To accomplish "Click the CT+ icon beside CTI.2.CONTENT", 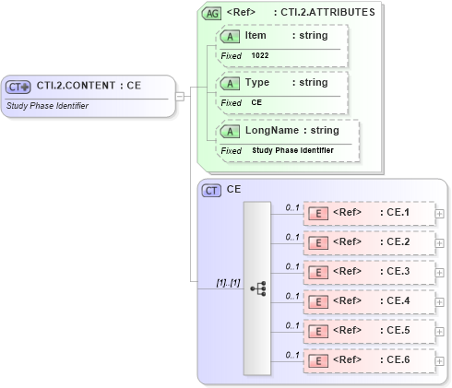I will click(18, 87).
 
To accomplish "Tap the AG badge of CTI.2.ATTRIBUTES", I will click(211, 14).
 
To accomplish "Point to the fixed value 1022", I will click(261, 55).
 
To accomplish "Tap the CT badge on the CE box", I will click(211, 190).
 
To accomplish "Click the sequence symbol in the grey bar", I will click(257, 288).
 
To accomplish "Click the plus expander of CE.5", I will click(439, 330).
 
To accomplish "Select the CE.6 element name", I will click(398, 359).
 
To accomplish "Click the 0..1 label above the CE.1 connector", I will click(291, 207).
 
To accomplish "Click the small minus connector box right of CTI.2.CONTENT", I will click(180, 95).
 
